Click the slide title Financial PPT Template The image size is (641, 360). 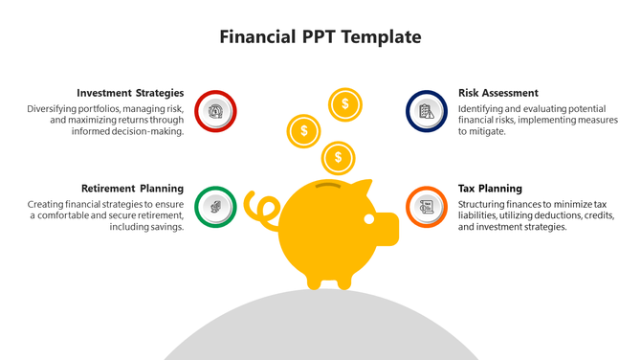[320, 37]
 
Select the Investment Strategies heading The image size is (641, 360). [130, 93]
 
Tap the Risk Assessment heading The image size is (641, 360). [497, 93]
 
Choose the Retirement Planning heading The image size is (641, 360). [133, 189]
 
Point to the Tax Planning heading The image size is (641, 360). [490, 189]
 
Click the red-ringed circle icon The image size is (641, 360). [215, 111]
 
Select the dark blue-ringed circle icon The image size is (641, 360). [427, 111]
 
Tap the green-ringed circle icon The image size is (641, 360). [215, 206]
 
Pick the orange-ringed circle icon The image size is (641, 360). [427, 206]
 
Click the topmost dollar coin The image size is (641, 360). [344, 103]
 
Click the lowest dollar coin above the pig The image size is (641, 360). [337, 157]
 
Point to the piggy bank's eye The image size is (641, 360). [369, 219]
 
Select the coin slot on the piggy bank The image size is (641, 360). [327, 184]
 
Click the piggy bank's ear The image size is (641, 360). [361, 188]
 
